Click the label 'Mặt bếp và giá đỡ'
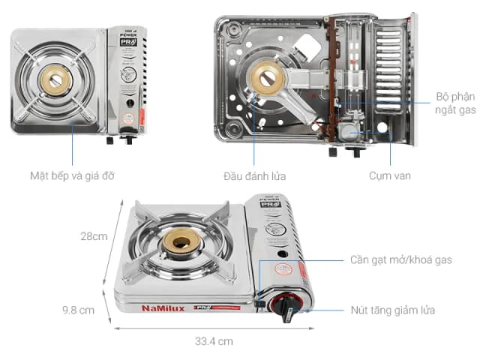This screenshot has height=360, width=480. pos(73,176)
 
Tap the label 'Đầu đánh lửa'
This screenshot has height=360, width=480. pos(253,176)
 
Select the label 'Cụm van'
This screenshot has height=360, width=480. pos(389,176)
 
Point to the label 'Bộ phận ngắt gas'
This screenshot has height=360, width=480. pos(455,103)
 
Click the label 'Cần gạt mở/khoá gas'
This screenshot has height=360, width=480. pos(401,260)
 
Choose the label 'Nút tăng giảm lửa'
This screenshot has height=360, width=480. pos(393,310)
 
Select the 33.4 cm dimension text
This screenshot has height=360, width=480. pos(214,340)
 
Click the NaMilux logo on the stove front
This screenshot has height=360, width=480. pos(163,307)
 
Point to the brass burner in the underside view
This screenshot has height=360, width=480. pos(267,76)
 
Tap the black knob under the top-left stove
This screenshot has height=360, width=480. pos(127,139)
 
